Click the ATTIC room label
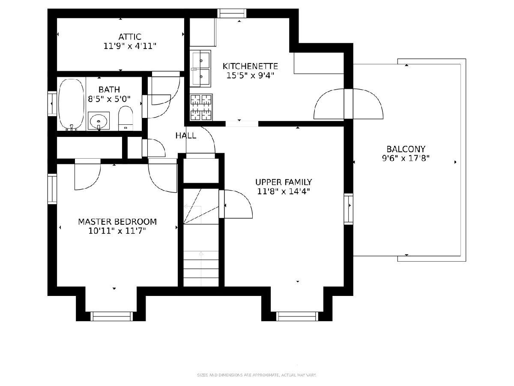coord(130,37)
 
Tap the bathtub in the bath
coord(71,104)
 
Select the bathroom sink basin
coord(99,121)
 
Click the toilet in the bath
coord(126,118)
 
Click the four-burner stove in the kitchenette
coord(201,107)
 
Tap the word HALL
coord(186,136)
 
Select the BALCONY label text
coord(406,149)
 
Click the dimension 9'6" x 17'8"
coord(406,158)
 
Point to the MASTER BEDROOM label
coord(117,222)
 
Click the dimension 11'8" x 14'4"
coord(284,191)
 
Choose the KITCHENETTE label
coord(250,66)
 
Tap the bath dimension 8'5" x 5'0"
coord(109,99)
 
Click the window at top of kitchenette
coord(232,13)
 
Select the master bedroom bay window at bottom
coord(111,316)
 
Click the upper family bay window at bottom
coord(297,316)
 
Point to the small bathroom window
coord(52,104)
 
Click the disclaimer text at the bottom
coord(257,375)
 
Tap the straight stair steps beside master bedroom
coord(201,268)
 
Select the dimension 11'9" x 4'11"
coord(130,46)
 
